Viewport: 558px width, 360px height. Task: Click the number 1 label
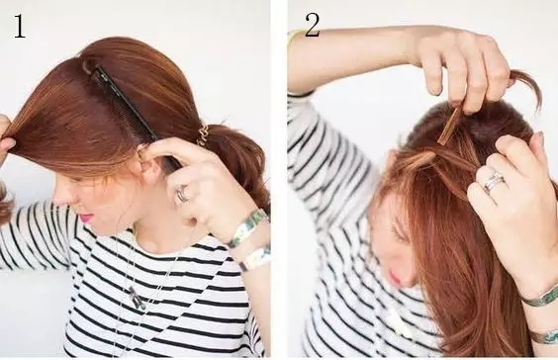tap(20, 26)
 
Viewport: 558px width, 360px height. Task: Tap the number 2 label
tap(312, 26)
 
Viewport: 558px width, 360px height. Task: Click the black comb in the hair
tap(128, 107)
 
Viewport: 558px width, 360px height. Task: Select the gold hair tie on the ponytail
tap(204, 135)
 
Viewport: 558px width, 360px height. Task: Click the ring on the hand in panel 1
tap(182, 195)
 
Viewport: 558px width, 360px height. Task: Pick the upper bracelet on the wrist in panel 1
tap(246, 227)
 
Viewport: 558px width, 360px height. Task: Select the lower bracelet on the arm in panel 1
tap(255, 258)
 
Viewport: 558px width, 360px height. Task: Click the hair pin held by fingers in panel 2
tap(449, 126)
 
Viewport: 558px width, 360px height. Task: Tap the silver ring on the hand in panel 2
tap(494, 180)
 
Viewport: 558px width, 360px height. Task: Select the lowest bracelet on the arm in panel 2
tap(544, 336)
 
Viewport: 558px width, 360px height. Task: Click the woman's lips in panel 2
tap(394, 275)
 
